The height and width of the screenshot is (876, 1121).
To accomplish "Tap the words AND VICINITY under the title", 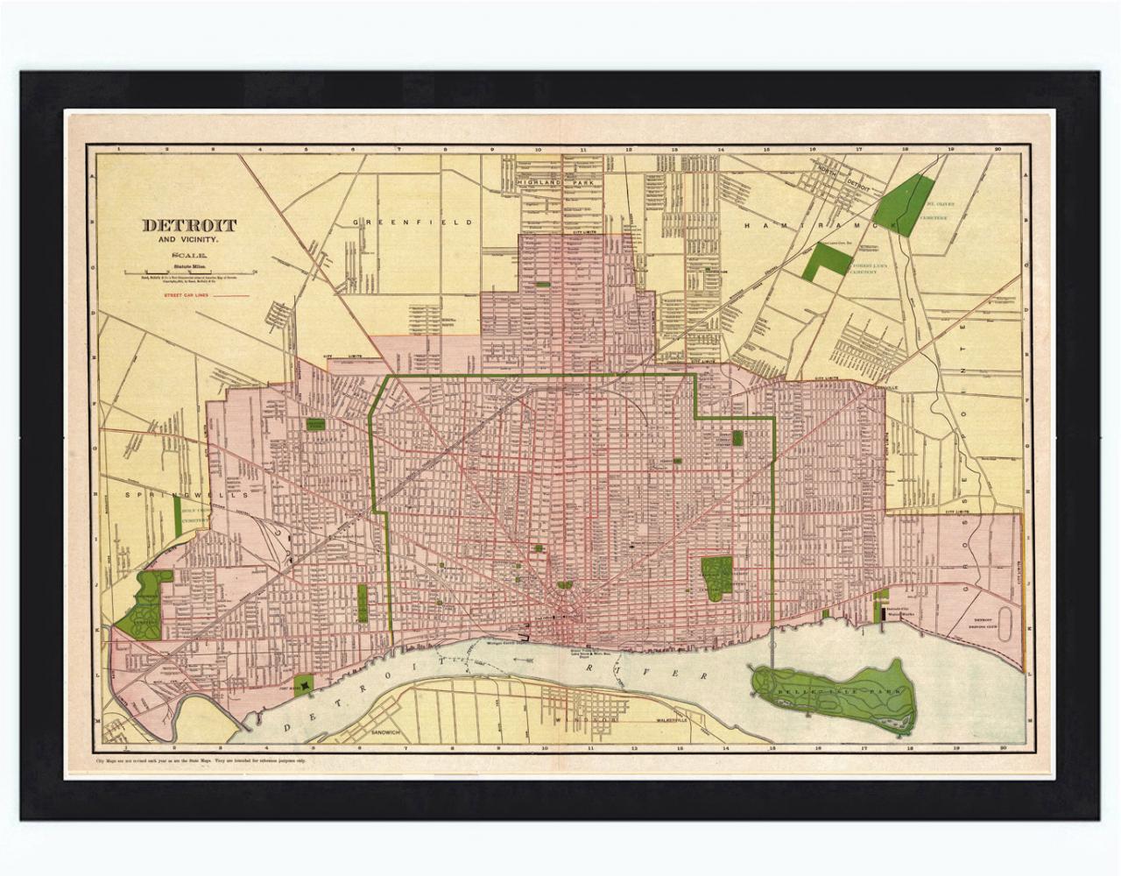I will coord(189,240).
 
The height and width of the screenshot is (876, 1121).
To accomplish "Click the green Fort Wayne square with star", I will coord(306,682).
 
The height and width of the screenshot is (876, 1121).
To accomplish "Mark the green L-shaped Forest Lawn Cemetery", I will coord(827,261).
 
